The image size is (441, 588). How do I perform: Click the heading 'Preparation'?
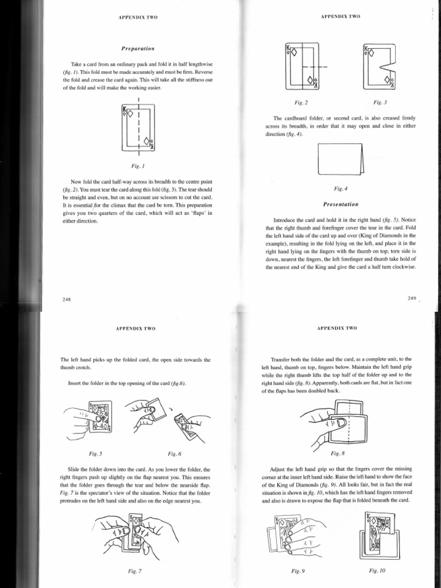[137, 49]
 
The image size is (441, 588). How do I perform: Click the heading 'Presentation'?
[342, 204]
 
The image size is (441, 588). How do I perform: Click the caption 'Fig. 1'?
[137, 164]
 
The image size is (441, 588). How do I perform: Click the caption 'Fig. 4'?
[341, 188]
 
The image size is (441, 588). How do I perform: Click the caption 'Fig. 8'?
[342, 453]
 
